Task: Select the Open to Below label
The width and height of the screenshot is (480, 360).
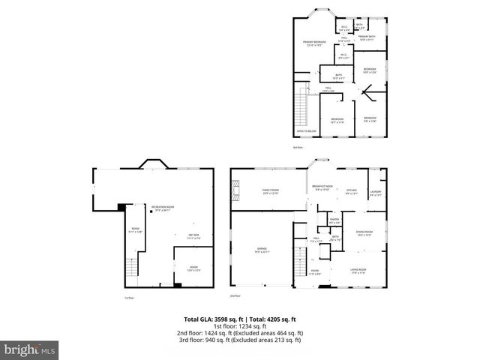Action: coord(304,131)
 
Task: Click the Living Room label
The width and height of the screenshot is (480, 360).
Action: coord(358,271)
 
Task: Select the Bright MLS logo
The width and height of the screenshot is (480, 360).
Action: coord(30,349)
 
